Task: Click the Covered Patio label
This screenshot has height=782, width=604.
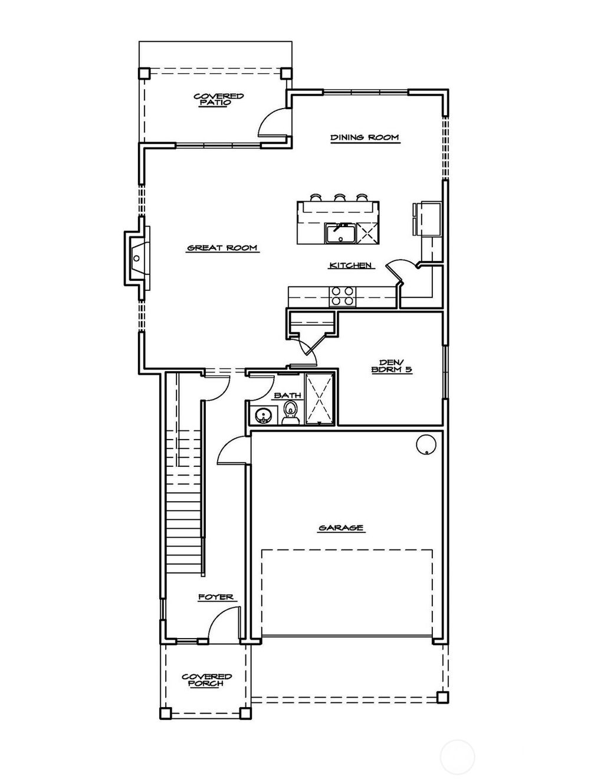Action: click(219, 99)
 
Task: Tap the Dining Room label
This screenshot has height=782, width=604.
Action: click(364, 138)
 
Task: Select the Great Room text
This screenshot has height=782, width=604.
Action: click(222, 248)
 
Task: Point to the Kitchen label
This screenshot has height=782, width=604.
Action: click(350, 266)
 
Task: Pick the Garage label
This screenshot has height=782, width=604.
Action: click(340, 528)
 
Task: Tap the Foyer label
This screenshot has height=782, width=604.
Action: click(215, 597)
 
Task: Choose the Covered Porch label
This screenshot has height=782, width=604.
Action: click(206, 680)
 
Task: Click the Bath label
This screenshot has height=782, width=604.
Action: click(287, 395)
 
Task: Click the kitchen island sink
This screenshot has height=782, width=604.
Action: click(340, 233)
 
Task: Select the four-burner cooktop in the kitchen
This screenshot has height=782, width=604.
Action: click(342, 296)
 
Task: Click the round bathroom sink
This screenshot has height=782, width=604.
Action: click(262, 416)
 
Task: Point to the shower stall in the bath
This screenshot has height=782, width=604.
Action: click(320, 398)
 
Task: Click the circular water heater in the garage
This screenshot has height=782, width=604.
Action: click(426, 444)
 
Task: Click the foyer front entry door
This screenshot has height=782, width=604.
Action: click(222, 626)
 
